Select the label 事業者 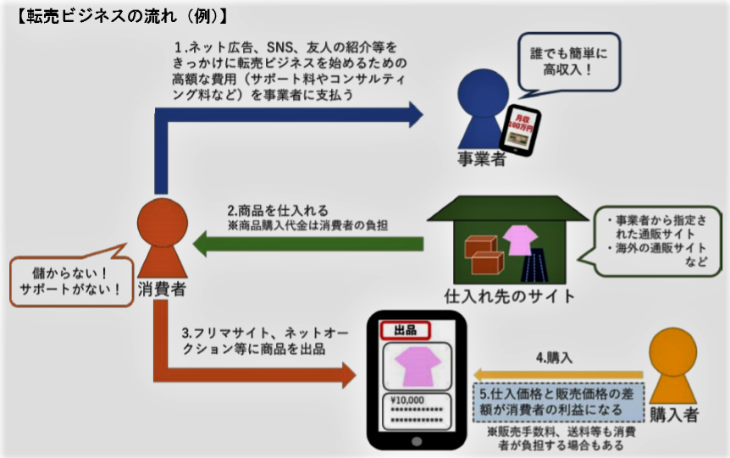tap(481, 158)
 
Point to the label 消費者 tap(160, 290)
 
